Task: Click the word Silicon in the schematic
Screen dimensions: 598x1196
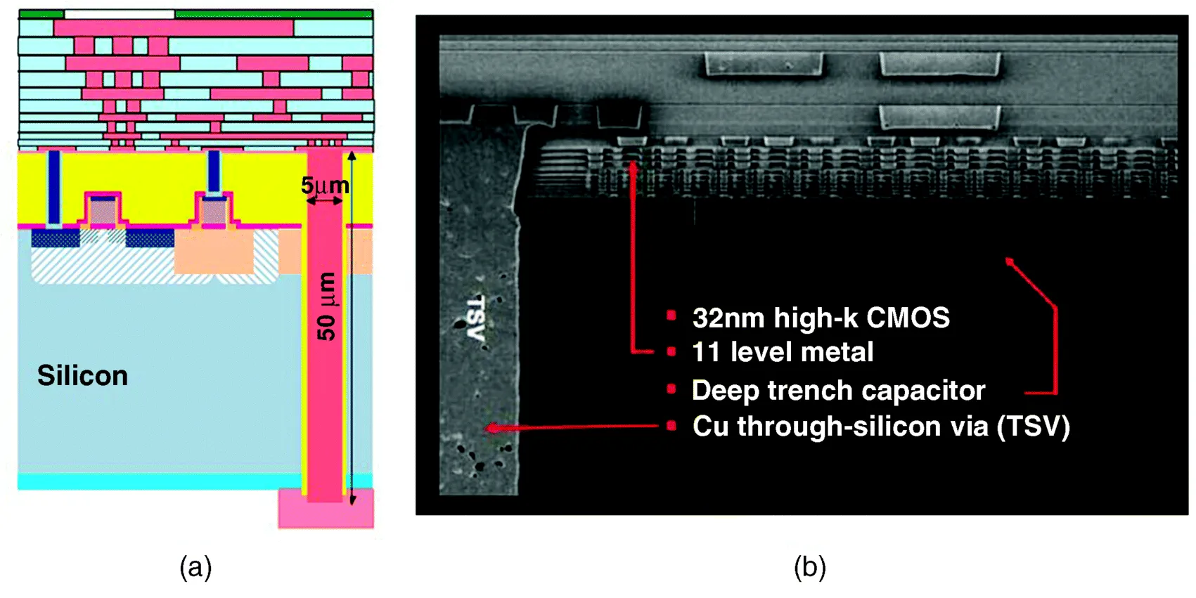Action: click(82, 376)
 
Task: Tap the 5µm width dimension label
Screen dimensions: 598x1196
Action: click(325, 186)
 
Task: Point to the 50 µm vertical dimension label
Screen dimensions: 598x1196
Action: click(326, 306)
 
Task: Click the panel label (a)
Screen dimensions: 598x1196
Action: click(195, 567)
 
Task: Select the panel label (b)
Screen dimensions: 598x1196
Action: click(809, 567)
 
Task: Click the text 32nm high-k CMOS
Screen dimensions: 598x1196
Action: click(821, 318)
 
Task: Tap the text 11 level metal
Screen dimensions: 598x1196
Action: click(783, 352)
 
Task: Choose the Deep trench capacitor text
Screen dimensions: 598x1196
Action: click(838, 390)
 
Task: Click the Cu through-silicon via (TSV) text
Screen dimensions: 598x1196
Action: click(881, 427)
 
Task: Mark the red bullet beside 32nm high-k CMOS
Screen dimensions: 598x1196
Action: click(671, 316)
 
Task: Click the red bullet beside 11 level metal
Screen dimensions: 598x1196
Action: click(671, 351)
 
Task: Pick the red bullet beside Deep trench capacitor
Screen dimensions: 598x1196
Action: click(671, 389)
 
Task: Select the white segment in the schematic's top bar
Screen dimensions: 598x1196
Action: click(119, 14)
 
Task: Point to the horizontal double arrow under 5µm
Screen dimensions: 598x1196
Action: click(325, 201)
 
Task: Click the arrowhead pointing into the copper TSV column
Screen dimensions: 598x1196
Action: click(491, 428)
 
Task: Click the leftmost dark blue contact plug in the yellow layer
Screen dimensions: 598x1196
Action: click(53, 186)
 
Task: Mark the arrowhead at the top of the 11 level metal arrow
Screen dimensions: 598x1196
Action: click(634, 166)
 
